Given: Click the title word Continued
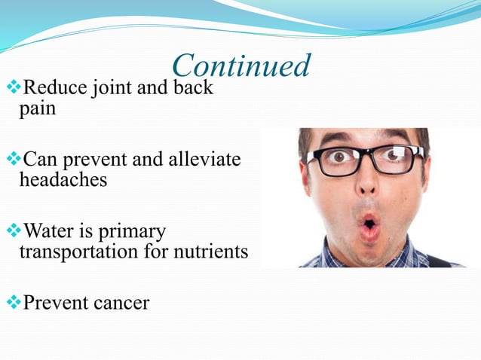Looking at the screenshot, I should pyautogui.click(x=240, y=66).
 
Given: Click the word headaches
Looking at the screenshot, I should pyautogui.click(x=63, y=180).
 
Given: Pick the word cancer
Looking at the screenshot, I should pyautogui.click(x=120, y=303).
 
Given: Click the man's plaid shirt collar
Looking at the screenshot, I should pyautogui.click(x=332, y=256).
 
